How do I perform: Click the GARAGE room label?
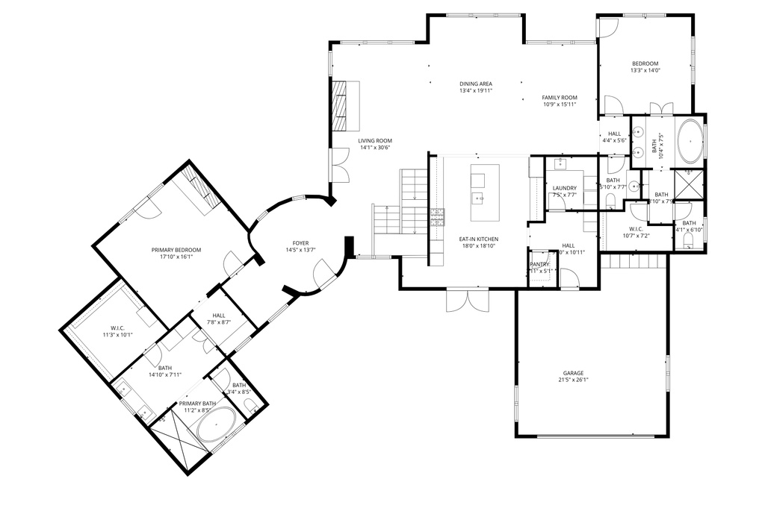[573, 373]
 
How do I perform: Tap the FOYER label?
[300, 243]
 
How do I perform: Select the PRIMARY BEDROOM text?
[176, 250]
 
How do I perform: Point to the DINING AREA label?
[475, 84]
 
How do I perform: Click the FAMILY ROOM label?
[560, 98]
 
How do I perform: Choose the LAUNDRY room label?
[564, 188]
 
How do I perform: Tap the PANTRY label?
[539, 264]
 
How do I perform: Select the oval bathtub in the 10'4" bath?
[690, 142]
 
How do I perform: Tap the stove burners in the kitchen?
[437, 216]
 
